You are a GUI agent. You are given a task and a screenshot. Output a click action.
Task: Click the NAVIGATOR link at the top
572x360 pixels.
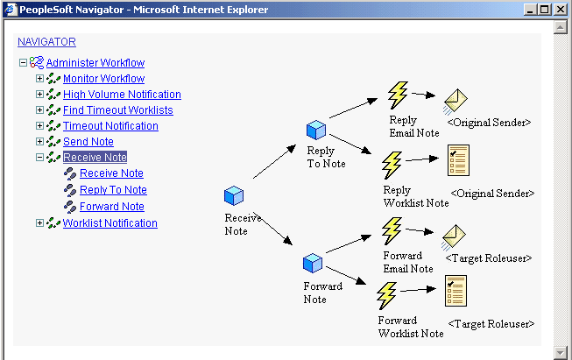pos(46,41)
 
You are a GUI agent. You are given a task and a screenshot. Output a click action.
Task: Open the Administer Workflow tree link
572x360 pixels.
pos(95,63)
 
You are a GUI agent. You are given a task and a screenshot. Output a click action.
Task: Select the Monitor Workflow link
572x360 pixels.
pos(103,79)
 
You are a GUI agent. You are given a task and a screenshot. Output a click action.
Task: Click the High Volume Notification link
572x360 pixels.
pos(122,95)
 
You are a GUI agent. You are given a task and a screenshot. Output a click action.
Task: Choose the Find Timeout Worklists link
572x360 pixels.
pos(117,110)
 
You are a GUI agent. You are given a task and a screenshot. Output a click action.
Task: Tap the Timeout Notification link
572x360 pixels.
pos(110,126)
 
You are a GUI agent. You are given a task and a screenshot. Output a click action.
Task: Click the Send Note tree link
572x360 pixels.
pos(88,142)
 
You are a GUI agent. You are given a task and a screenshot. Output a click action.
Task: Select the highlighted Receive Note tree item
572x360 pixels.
pos(95,158)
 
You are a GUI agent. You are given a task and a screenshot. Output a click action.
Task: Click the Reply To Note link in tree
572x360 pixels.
pos(113,190)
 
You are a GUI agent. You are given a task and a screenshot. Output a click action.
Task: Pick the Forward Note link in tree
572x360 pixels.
pos(111,207)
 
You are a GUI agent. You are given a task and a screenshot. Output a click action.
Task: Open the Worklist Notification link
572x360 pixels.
pos(109,223)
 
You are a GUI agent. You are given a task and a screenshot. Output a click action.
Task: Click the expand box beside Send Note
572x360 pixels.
pos(39,142)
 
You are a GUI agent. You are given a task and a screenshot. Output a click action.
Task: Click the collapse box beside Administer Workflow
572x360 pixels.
pos(23,63)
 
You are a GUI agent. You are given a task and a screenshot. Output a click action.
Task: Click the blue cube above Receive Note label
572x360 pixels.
pos(234,195)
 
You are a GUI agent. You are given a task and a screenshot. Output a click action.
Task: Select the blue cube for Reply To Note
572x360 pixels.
pos(316,131)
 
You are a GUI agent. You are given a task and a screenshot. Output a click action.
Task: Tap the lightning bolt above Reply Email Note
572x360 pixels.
pos(399,95)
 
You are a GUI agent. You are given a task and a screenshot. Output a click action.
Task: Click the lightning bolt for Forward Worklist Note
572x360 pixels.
pos(386,296)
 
